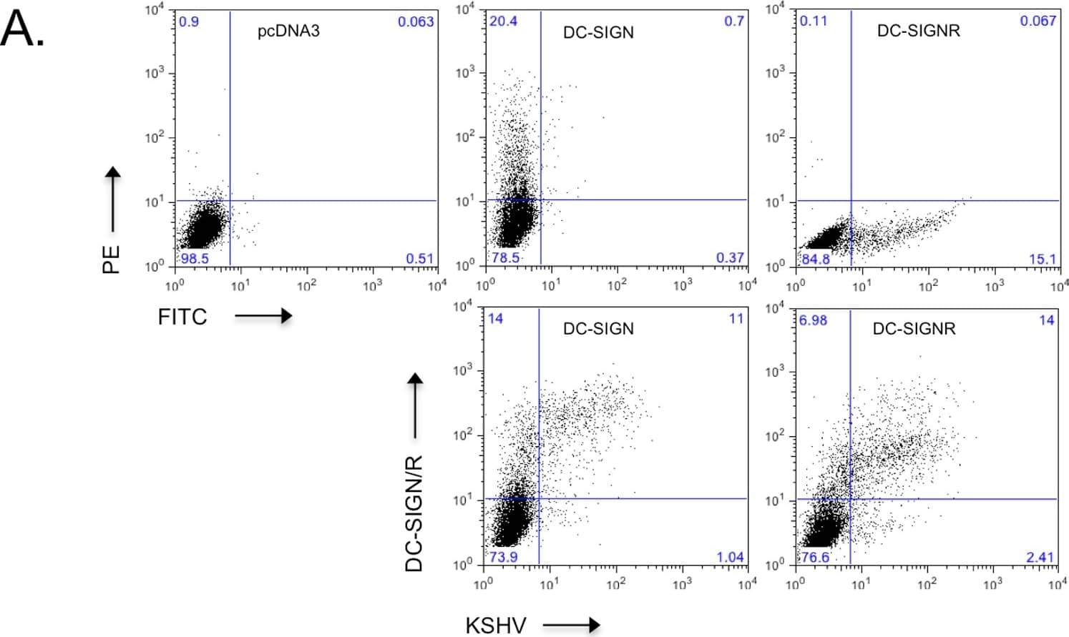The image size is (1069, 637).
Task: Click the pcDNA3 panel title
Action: (x=288, y=31)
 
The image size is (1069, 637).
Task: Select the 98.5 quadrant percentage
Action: (x=195, y=258)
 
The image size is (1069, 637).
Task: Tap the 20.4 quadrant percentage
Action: (x=503, y=21)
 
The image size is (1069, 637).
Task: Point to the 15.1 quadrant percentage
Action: (x=1043, y=259)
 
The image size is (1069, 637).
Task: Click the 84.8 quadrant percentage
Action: (x=816, y=259)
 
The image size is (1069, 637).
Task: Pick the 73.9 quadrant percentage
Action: (x=503, y=557)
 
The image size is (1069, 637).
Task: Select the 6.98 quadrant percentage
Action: (x=813, y=320)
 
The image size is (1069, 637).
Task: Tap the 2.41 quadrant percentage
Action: (x=1040, y=557)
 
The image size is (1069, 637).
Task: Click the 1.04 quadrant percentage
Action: (x=730, y=557)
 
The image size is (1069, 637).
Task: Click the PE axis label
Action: (x=111, y=259)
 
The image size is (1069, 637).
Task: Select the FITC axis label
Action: (x=182, y=317)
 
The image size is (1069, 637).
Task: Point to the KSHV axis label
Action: (x=495, y=625)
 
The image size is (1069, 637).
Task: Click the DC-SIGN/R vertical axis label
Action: (x=414, y=513)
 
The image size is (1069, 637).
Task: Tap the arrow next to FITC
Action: (x=263, y=316)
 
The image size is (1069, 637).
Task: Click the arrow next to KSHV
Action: (x=571, y=625)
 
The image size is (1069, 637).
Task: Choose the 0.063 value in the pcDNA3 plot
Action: (x=416, y=21)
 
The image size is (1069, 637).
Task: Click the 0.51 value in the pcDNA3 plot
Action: (x=420, y=258)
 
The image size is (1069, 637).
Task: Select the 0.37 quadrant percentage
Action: (x=730, y=257)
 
